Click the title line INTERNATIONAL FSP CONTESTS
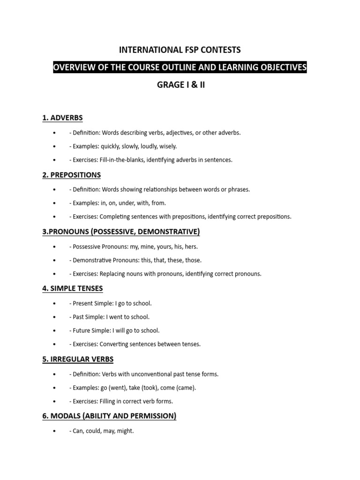point(180,50)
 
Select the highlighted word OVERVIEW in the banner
point(72,68)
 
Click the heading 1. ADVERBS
point(62,118)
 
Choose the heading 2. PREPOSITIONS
point(71,175)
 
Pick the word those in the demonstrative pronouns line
point(193,260)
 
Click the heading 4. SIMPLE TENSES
point(73,288)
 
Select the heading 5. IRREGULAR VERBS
point(78,360)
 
